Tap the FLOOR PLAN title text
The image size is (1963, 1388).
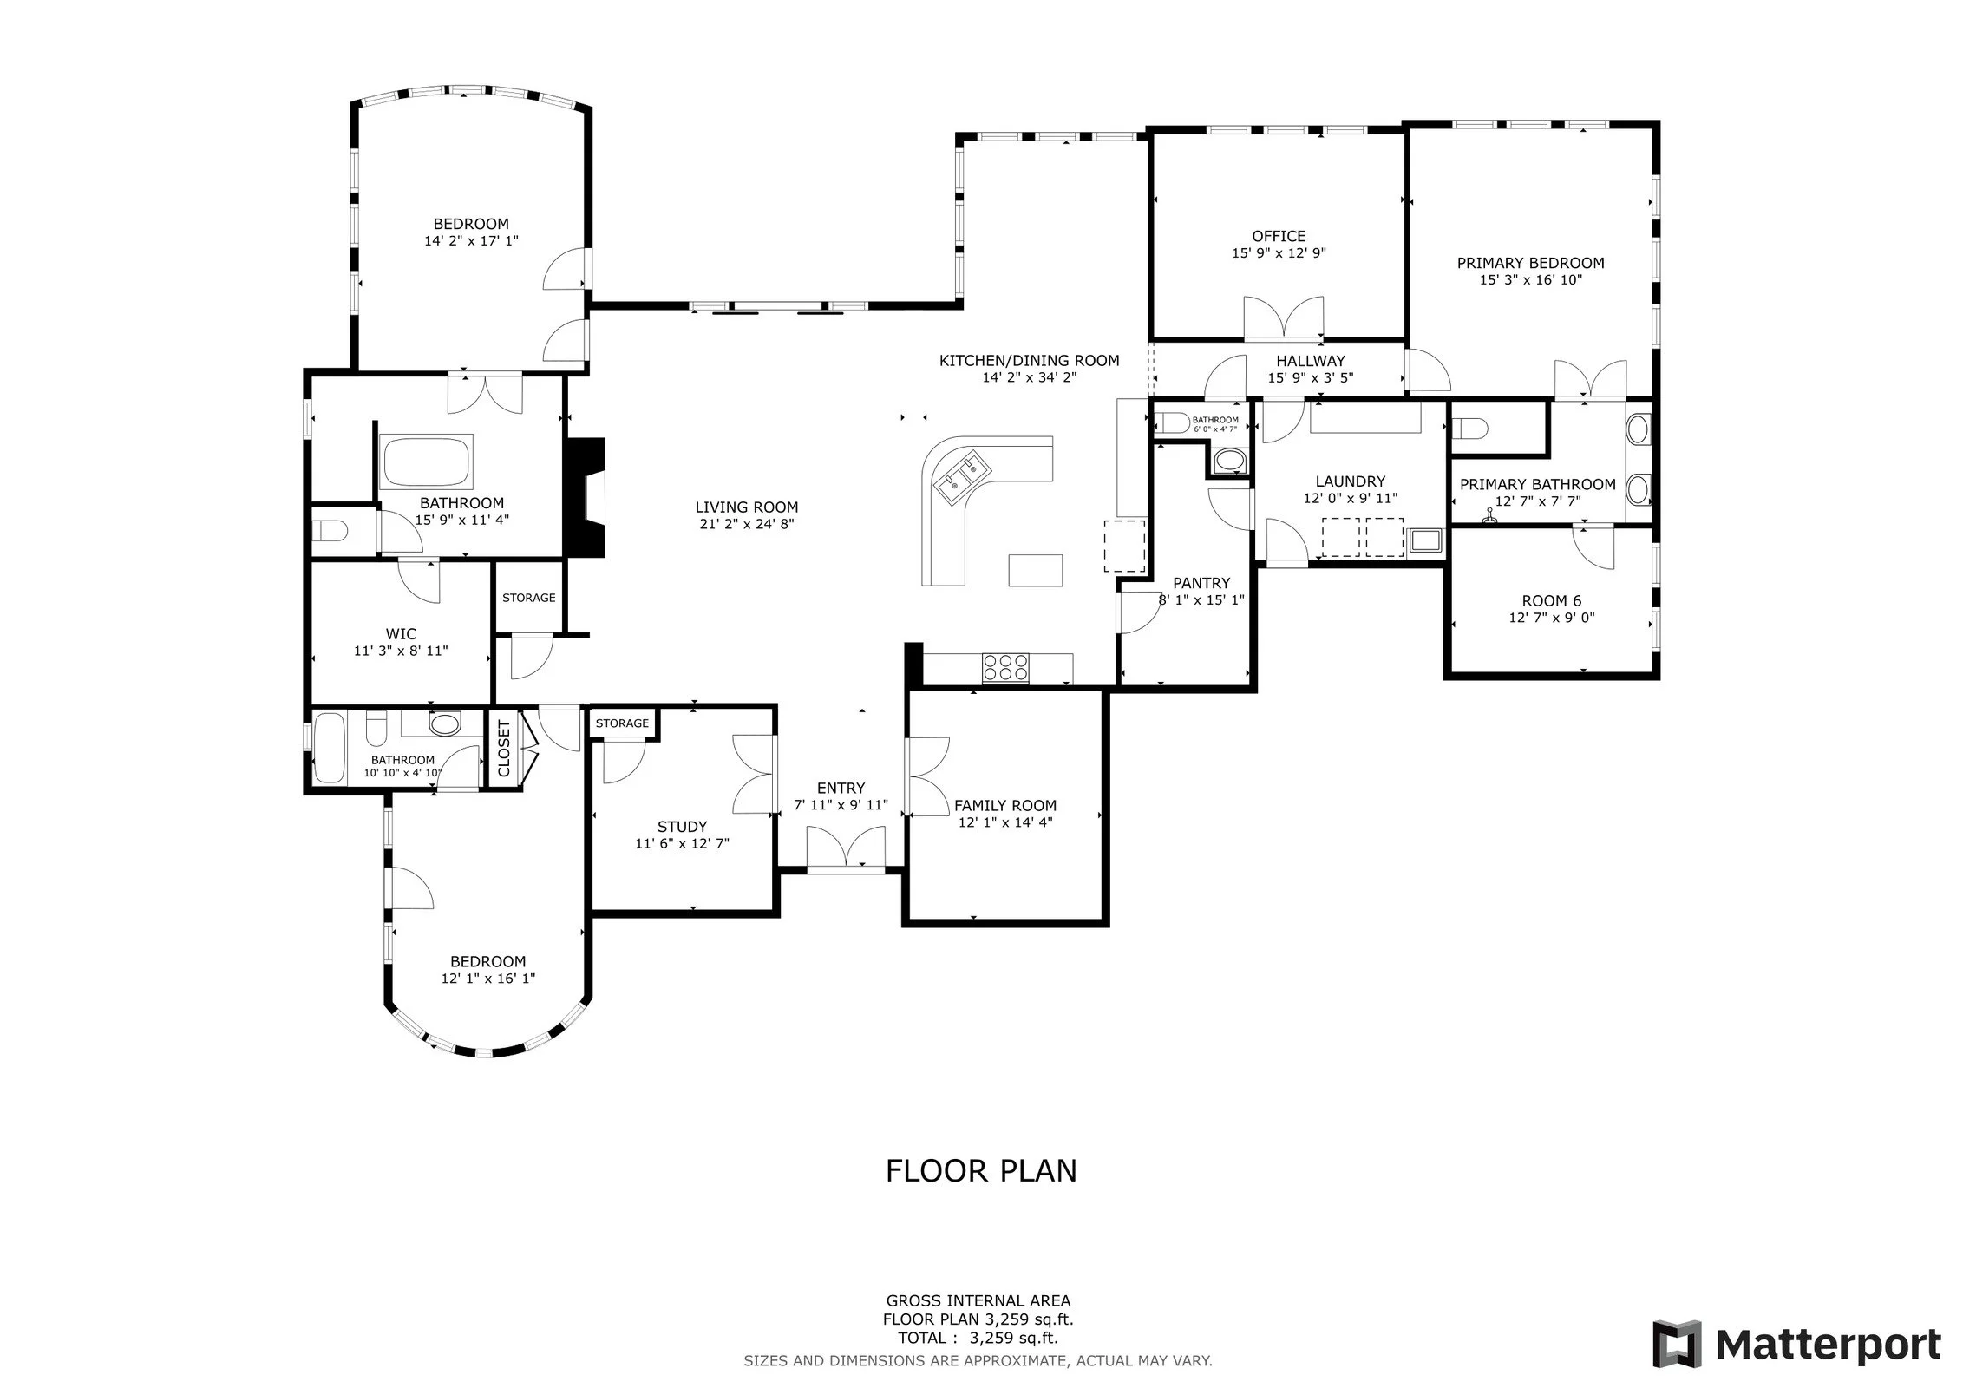[981, 1171]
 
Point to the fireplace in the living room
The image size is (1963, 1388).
[586, 497]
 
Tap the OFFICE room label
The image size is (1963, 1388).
[1279, 236]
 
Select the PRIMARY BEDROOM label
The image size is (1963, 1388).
[1530, 263]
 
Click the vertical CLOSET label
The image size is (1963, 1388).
[504, 749]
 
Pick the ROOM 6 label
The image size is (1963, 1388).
[1552, 600]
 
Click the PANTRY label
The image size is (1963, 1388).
[1201, 583]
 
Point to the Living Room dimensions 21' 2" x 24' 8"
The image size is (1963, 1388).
[747, 524]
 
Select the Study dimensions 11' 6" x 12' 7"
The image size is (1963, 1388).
[682, 843]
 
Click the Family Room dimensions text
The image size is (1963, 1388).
[1005, 822]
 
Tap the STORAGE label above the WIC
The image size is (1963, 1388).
[529, 598]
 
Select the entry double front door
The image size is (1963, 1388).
[847, 848]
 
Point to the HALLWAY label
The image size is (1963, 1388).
[1310, 361]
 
